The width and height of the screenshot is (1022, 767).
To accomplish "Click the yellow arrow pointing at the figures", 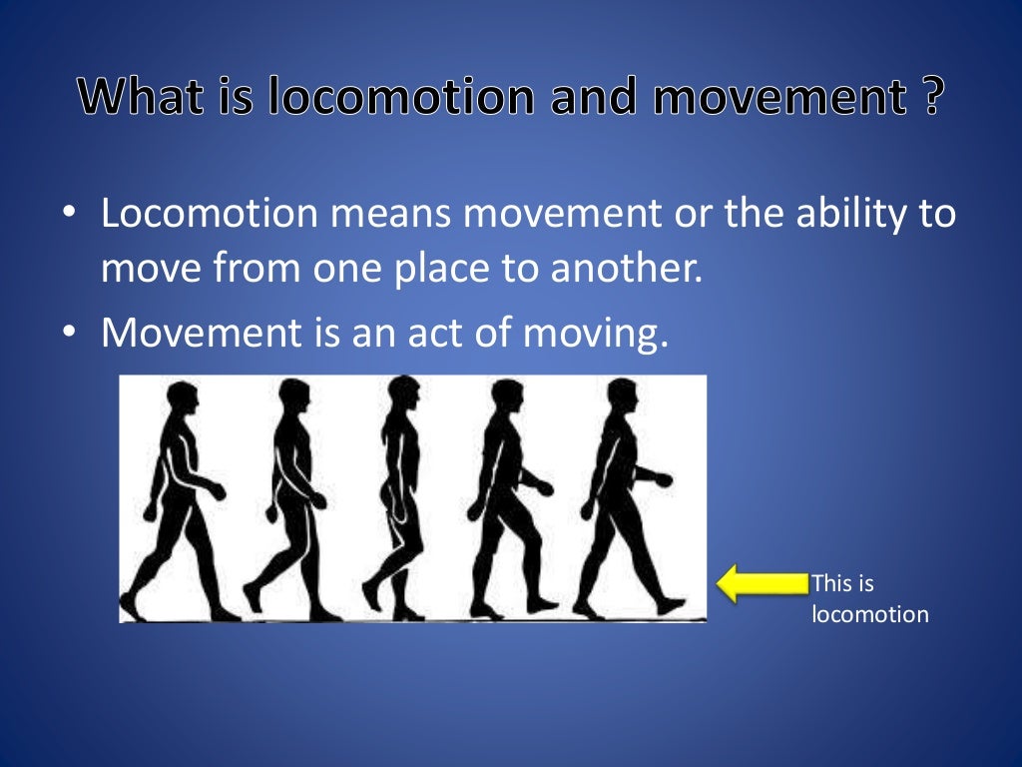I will point(761,583).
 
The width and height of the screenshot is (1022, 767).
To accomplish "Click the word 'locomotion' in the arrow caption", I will point(870,614).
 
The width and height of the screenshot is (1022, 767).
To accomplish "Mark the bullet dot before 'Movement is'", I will point(68,334).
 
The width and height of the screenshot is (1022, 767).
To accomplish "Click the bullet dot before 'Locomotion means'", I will point(68,215).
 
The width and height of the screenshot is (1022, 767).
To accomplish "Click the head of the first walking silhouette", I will point(184,400).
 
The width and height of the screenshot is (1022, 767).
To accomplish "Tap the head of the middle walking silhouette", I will point(402,392).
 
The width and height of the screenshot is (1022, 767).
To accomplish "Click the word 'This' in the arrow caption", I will point(828,583).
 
